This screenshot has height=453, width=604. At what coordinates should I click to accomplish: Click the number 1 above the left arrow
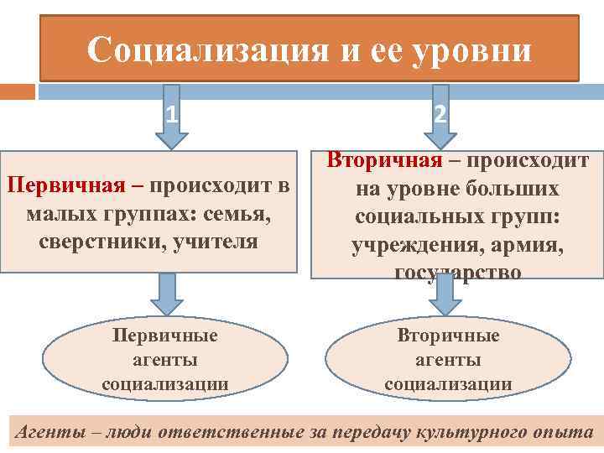tap(171, 112)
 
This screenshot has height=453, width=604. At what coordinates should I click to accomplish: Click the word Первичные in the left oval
tap(165, 336)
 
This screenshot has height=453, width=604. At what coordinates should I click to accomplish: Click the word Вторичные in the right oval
tap(448, 336)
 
